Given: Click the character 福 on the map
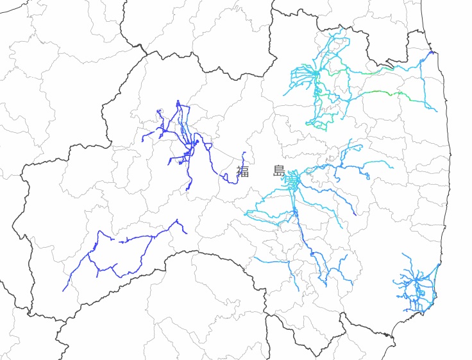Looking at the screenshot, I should click(242, 171).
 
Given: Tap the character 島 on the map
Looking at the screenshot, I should click(279, 171).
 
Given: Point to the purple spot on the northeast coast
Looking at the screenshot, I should click(432, 52).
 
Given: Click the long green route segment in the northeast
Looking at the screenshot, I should click(382, 93).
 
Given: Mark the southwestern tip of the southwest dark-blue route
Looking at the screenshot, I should click(63, 291).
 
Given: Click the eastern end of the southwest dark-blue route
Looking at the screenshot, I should click(186, 233).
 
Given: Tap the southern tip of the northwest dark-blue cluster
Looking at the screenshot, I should click(187, 191).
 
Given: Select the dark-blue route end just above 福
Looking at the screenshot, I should click(244, 153).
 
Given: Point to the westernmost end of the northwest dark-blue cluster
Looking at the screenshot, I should click(142, 141).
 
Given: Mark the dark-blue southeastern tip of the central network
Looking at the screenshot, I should click(355, 214).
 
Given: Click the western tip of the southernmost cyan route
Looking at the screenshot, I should click(255, 259).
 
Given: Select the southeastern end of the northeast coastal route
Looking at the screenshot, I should click(437, 111).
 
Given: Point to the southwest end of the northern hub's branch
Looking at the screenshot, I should click(286, 96).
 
